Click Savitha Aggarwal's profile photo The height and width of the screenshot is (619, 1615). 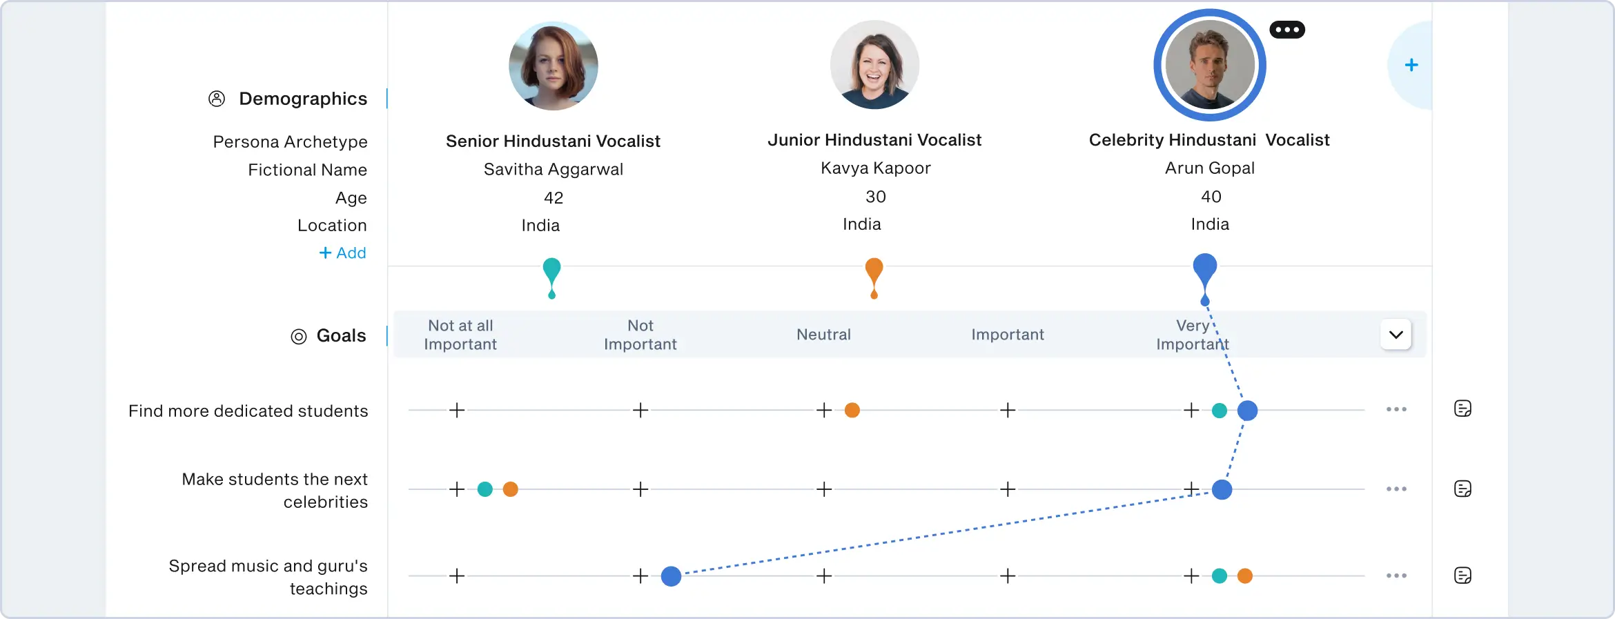tap(554, 66)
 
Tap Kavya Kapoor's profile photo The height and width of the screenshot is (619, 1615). tap(874, 65)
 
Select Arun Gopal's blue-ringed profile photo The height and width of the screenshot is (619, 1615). tap(1210, 66)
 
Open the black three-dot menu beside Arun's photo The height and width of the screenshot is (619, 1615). tap(1287, 30)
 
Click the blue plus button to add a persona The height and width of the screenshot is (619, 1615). tap(1411, 66)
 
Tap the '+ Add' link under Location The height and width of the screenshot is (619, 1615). tap(342, 253)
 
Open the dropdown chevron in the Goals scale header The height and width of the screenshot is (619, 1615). tap(1396, 335)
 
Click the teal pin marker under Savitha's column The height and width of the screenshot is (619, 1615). tap(551, 275)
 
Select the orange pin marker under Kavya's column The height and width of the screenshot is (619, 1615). tap(874, 275)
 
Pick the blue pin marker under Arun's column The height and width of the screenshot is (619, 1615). tap(1205, 274)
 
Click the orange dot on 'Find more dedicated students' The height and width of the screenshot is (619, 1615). tap(852, 411)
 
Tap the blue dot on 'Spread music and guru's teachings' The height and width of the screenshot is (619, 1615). tap(671, 576)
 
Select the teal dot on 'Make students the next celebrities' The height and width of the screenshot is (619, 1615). tap(485, 489)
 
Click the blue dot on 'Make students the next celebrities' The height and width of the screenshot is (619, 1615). tap(1222, 489)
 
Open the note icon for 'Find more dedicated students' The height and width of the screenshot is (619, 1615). tap(1462, 409)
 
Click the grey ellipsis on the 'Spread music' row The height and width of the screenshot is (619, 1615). tap(1396, 576)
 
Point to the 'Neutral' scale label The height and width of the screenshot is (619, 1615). tap(823, 335)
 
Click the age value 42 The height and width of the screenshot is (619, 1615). tap(554, 198)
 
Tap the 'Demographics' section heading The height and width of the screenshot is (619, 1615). tap(302, 99)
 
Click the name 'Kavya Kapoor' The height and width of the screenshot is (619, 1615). tap(875, 168)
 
